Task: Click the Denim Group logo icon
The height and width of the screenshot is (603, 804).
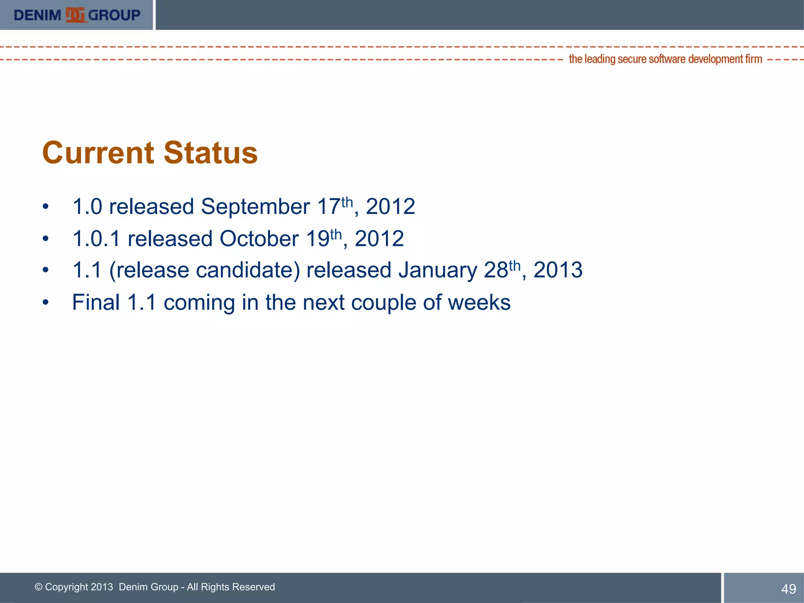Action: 75,15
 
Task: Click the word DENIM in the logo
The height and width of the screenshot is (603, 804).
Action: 37,15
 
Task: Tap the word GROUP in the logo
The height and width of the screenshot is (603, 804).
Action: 114,15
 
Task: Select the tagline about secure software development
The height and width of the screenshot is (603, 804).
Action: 665,59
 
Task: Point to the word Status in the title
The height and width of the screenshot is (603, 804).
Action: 210,153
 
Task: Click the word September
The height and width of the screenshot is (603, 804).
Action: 255,207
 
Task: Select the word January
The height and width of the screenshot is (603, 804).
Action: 438,270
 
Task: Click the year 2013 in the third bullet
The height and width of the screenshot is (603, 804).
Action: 558,270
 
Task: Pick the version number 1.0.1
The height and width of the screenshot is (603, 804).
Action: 96,239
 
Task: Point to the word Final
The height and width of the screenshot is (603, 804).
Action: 96,303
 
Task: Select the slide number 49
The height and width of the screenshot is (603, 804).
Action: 789,589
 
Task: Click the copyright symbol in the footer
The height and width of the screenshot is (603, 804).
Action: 38,587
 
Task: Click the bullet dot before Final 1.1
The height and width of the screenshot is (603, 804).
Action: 46,303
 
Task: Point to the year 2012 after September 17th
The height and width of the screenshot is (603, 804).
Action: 390,207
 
